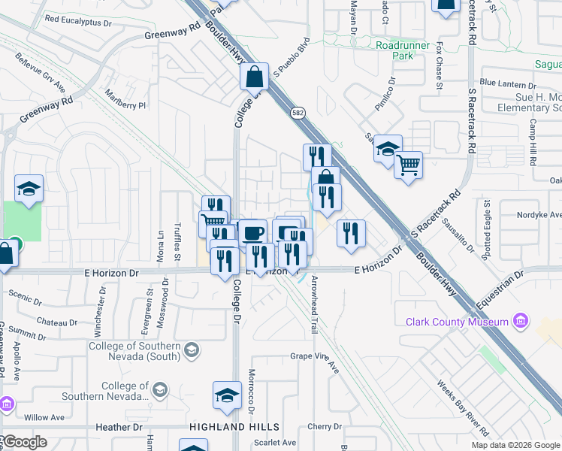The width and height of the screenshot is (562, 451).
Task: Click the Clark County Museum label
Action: [x=457, y=322]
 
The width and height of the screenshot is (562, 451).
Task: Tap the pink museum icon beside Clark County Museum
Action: [x=519, y=322]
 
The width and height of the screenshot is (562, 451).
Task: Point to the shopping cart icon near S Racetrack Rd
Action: [x=408, y=165]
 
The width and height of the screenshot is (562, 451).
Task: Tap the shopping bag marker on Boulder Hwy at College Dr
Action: [x=255, y=76]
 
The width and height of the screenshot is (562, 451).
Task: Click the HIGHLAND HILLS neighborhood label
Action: [x=225, y=426]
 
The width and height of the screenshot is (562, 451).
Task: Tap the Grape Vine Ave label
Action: [x=316, y=356]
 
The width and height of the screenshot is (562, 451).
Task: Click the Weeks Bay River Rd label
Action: [x=463, y=407]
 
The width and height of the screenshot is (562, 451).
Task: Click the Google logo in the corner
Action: [x=24, y=442]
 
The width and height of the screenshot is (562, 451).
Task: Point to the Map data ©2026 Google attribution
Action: [x=516, y=444]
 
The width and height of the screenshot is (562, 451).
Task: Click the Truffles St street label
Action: [x=177, y=246]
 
